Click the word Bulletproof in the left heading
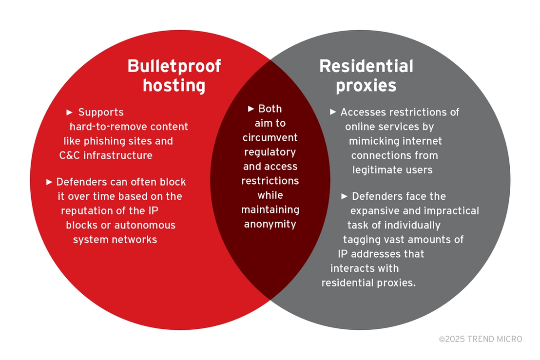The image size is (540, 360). pos(174,66)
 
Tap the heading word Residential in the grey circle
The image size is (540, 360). pos(366,66)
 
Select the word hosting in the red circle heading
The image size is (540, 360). pos(174,85)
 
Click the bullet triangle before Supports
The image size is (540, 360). pos(69,112)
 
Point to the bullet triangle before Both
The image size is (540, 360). pos(251,109)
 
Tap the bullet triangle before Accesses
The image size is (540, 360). pos(333,112)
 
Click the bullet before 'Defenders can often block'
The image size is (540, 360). pos(49,182)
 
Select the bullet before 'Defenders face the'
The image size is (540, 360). pos(345,196)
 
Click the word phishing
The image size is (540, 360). pos(103,141)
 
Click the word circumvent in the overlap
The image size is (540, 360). pos(270,138)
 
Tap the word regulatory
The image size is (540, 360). pos(270,152)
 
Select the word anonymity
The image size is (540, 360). pos(270,225)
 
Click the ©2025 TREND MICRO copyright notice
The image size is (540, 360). pos(481,339)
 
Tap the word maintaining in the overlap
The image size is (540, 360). pos(270,210)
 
